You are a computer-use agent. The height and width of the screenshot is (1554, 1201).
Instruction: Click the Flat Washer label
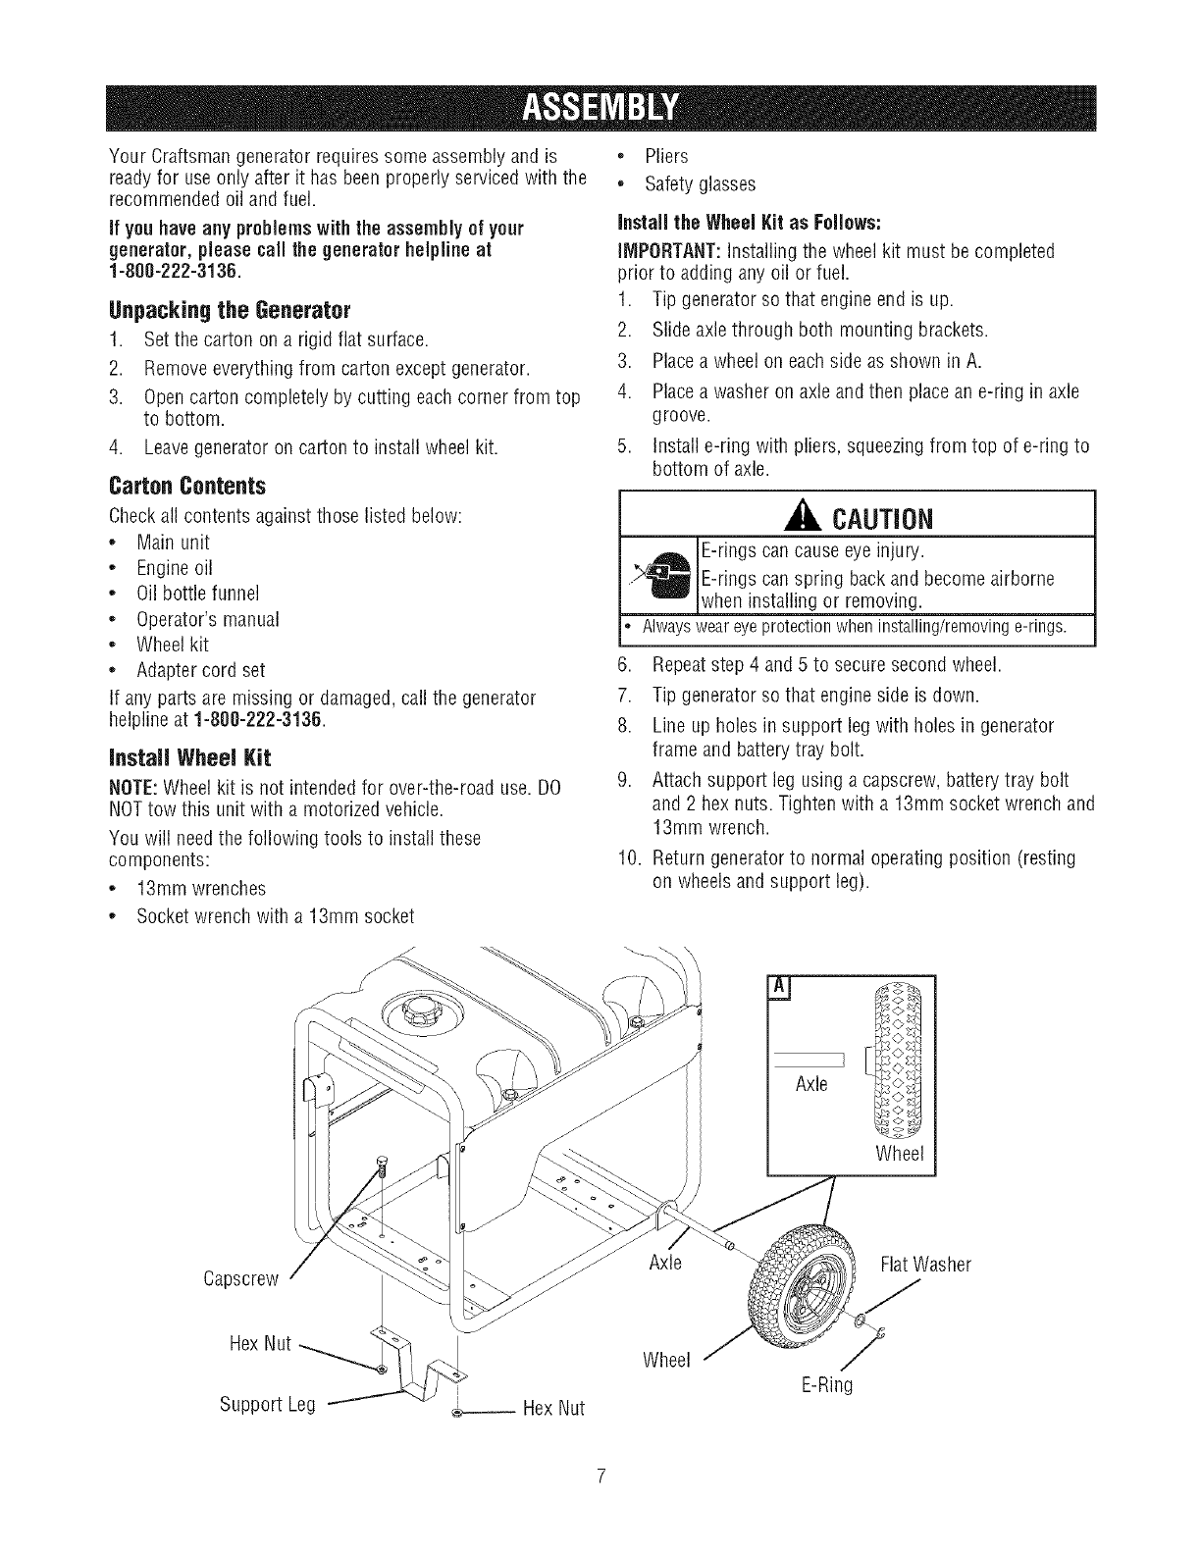[x=925, y=1265]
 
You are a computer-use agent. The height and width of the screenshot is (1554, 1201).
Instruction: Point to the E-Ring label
[x=826, y=1386]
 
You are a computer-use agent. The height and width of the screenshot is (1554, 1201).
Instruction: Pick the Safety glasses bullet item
[x=700, y=183]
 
